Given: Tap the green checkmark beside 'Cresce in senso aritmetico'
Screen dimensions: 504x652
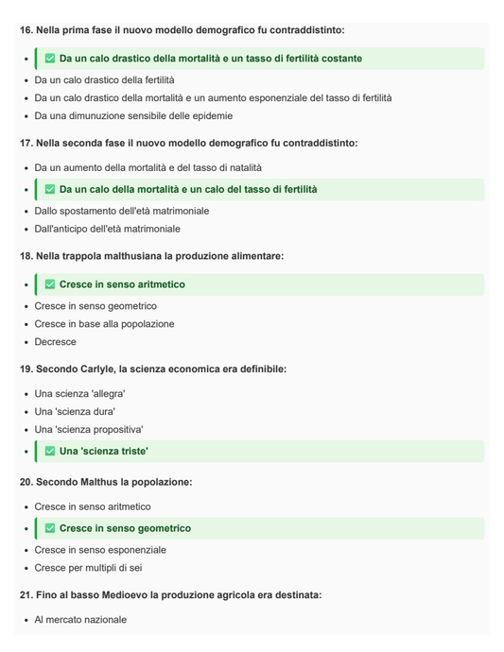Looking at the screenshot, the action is pyautogui.click(x=50, y=284).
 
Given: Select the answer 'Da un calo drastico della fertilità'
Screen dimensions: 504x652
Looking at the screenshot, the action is pyautogui.click(x=104, y=80).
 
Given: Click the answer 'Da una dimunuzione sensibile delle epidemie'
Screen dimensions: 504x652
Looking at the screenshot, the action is pyautogui.click(x=133, y=116).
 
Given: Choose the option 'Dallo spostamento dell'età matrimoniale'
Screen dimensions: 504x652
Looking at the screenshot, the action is pyautogui.click(x=122, y=211).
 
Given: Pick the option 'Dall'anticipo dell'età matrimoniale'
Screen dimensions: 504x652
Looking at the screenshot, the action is pyautogui.click(x=107, y=229).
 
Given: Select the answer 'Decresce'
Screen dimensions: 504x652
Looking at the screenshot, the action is pyautogui.click(x=55, y=342).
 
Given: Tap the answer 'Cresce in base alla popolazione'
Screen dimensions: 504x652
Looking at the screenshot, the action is pyautogui.click(x=104, y=324).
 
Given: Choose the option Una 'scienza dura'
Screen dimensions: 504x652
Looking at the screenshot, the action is pyautogui.click(x=80, y=411).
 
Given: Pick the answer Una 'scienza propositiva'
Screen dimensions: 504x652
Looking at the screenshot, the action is pyautogui.click(x=89, y=429).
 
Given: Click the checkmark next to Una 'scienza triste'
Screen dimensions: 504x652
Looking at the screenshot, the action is pyautogui.click(x=50, y=452).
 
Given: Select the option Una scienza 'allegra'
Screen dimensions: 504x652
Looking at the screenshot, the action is pyautogui.click(x=79, y=393).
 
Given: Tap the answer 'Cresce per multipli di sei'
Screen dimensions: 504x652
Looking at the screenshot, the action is pyautogui.click(x=88, y=568).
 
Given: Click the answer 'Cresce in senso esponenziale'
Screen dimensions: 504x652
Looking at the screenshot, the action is pyautogui.click(x=100, y=550).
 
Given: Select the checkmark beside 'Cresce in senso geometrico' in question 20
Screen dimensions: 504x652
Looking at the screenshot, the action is pyautogui.click(x=50, y=528).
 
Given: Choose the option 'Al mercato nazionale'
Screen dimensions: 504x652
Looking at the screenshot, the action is pyautogui.click(x=80, y=620).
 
